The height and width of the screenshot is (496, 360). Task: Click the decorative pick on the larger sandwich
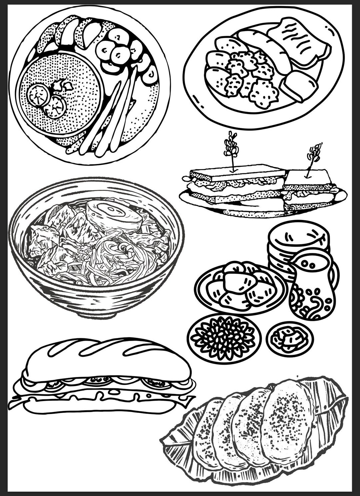pyautogui.click(x=231, y=150)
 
